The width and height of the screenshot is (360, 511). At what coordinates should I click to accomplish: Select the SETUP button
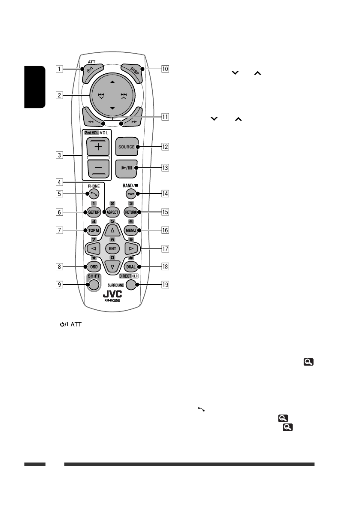coord(93,212)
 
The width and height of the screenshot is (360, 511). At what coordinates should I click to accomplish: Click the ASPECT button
coord(112,212)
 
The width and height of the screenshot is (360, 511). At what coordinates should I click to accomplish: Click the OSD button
coord(93,266)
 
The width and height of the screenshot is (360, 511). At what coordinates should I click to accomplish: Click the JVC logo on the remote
coord(113,295)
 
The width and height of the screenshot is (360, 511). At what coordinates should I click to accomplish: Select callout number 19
coord(165,284)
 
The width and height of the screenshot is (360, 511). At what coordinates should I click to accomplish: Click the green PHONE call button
coord(93,194)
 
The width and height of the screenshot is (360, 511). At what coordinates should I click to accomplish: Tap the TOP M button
coord(93,230)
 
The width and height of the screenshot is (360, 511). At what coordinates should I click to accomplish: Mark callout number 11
coord(165,116)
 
